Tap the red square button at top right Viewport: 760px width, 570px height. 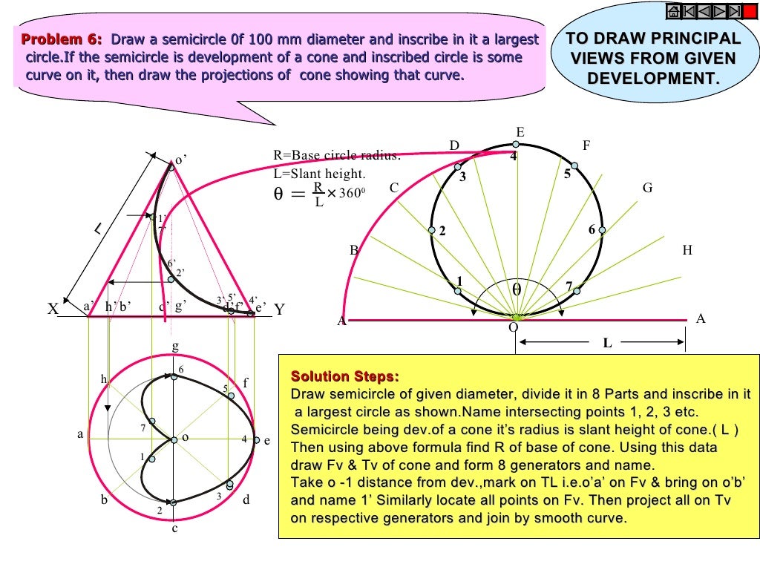point(750,10)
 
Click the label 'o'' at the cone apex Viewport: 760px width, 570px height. point(180,159)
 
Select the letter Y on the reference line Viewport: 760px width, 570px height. point(279,311)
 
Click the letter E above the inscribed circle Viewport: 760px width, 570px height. point(520,133)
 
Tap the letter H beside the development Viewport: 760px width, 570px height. point(687,251)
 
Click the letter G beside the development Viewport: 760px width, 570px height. point(648,189)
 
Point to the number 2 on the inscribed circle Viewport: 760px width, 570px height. point(442,232)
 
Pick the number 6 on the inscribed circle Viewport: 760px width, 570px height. point(592,230)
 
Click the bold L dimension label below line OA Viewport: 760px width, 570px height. point(607,344)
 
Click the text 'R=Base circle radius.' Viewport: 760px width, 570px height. point(337,156)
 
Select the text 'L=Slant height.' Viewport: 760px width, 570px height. point(319,174)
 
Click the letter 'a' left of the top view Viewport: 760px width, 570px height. point(81,435)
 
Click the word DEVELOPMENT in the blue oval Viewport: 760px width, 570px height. point(653,78)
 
